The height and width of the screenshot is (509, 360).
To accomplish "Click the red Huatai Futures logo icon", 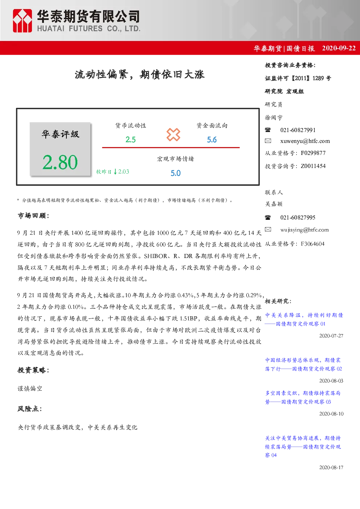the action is [x=22, y=21].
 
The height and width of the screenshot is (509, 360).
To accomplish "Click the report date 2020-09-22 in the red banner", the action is [x=339, y=48].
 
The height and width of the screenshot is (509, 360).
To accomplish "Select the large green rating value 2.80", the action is [x=60, y=162].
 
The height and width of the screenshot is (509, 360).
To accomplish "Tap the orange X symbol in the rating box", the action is [x=173, y=135].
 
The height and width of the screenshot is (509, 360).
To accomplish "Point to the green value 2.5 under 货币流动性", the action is [x=130, y=140].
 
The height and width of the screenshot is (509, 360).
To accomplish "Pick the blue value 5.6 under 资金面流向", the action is [x=212, y=140].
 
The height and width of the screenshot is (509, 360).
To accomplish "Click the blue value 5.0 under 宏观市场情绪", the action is [x=176, y=173].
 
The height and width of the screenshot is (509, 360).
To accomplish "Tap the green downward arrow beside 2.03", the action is [x=115, y=172].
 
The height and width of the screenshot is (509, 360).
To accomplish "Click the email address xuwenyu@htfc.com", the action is [x=305, y=141].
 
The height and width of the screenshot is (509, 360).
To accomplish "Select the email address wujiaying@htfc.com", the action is [x=304, y=230].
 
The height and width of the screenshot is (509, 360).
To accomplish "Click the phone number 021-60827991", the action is [x=298, y=130].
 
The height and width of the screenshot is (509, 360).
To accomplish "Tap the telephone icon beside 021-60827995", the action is [x=268, y=217].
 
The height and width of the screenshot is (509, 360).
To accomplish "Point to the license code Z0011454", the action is [x=313, y=166].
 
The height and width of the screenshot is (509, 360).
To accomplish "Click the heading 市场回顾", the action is [x=33, y=215].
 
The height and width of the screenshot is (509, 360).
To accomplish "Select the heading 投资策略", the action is [x=33, y=370].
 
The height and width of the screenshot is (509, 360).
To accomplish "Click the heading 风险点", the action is [x=29, y=409].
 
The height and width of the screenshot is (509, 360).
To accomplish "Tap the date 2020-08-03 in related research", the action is [x=331, y=381].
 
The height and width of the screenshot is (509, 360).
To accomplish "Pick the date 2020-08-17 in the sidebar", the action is [x=331, y=467].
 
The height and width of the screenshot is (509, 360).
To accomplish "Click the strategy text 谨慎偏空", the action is [x=30, y=389].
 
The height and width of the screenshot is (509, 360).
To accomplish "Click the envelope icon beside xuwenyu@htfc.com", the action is [x=268, y=141].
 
